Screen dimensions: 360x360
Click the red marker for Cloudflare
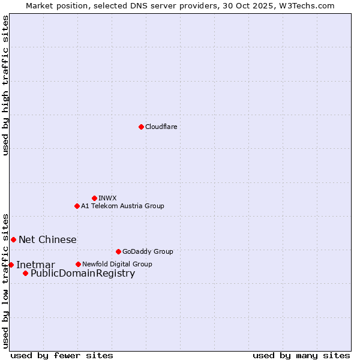141,127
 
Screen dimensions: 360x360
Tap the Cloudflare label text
161,127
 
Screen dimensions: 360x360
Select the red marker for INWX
94,198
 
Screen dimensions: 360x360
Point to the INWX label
107,198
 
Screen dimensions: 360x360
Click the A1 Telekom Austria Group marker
77,206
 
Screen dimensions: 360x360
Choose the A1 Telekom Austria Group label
122,206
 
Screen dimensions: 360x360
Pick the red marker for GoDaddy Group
118,251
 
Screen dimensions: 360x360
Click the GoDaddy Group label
147,251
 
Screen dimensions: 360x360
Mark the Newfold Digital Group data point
78,264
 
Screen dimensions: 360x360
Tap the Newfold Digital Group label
117,264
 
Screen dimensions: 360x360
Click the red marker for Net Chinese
13,239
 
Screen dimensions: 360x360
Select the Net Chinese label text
47,240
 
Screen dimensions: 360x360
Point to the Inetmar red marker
11,265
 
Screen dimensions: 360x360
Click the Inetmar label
35,265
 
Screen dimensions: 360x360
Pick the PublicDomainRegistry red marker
25,273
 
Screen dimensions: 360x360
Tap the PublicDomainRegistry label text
83,274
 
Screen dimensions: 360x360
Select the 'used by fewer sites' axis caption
62,355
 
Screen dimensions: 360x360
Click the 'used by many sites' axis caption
301,355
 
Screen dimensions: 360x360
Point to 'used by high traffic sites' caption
5,85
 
